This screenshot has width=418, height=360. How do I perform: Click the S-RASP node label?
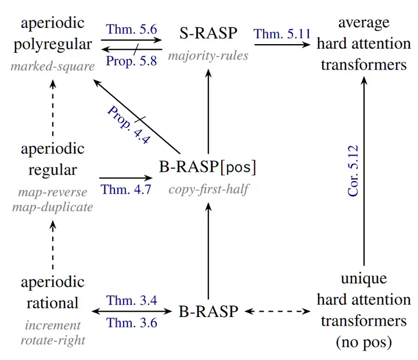pos(208,33)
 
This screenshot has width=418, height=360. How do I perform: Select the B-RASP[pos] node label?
pos(208,167)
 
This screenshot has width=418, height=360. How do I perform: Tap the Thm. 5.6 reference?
pos(131,29)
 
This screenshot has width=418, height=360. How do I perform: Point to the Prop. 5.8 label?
pos(131,61)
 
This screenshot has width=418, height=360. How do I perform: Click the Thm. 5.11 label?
pos(282,34)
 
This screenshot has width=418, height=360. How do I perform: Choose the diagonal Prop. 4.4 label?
pos(129,125)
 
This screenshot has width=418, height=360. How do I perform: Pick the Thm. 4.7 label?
pos(126,190)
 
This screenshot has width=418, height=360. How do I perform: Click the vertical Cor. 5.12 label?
pos(353,171)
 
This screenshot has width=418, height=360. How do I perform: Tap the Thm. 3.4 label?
pos(132,301)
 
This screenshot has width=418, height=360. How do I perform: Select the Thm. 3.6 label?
pos(132,323)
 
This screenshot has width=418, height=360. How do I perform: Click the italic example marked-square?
pos(52,66)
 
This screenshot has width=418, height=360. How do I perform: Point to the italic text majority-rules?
pos(208,56)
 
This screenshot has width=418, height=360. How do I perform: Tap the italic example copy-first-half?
pos(209,190)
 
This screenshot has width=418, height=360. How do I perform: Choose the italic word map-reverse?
pos(52,192)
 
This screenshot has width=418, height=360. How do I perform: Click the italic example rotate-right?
pos(53,340)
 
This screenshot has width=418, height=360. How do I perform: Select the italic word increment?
pos(53,326)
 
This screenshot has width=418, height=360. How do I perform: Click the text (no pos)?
pos(364,342)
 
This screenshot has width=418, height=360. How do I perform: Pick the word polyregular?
pos(53,45)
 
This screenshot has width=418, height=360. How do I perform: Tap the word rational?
pos(52,303)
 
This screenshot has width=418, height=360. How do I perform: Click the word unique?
pos(364,279)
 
